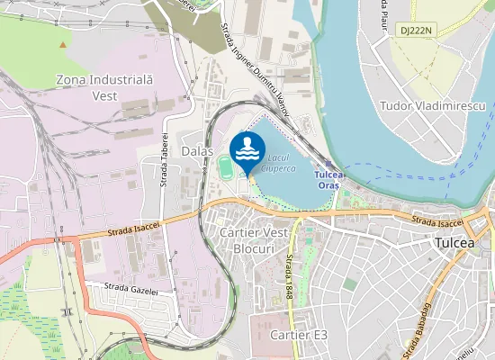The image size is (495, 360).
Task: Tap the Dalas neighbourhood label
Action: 197,150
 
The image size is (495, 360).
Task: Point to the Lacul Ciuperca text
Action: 278,162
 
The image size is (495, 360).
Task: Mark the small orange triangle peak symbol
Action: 62,43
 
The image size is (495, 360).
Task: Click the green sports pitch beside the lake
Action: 224,166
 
